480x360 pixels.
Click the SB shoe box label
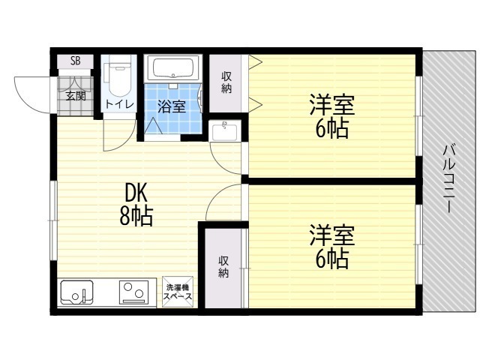point(75,61)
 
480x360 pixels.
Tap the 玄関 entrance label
point(76,96)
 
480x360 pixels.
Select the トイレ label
point(119,104)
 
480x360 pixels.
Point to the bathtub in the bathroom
point(173,68)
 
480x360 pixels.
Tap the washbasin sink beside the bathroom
point(225,130)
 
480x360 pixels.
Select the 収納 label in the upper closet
point(226,82)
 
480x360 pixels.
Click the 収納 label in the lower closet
point(223,267)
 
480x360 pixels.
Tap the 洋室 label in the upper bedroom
point(332,105)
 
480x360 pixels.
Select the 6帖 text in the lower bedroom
point(331,258)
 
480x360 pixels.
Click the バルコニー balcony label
point(449,179)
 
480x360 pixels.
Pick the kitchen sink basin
point(76,292)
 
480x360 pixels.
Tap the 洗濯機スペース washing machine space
point(178,292)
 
